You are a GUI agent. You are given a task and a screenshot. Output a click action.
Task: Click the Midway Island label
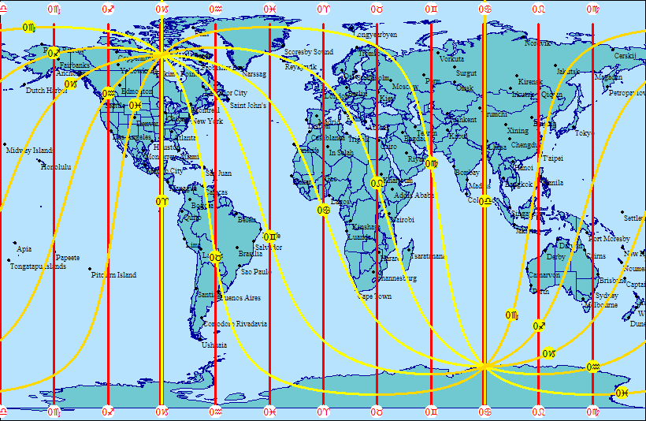coord(29,151)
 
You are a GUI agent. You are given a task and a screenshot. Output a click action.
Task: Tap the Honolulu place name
coord(56,167)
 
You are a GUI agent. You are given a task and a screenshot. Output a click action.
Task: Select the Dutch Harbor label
coord(46,91)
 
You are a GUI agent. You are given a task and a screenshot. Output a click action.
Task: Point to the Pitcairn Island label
coord(113,275)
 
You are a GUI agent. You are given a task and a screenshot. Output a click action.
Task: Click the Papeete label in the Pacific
coord(68,258)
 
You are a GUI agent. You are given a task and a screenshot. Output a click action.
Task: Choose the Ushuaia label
coord(214,345)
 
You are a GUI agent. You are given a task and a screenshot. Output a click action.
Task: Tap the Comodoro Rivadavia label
coord(236,324)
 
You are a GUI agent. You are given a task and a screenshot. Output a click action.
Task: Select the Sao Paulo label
coord(255,272)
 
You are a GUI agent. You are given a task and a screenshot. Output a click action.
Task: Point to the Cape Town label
coord(374,296)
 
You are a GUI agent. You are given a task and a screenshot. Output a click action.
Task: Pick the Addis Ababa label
coord(414,196)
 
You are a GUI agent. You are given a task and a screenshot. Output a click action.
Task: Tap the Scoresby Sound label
coord(309,52)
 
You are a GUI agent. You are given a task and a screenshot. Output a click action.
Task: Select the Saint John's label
coord(248,105)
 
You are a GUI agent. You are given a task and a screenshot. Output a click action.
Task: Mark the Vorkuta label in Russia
coord(451,59)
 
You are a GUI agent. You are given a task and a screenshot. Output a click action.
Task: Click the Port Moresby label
coord(610,239)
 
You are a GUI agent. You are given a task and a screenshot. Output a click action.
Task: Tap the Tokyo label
coord(583,133)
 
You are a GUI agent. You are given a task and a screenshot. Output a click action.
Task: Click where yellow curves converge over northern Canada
coord(161,54)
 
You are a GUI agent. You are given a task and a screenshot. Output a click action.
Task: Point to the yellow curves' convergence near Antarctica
coord(484,366)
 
